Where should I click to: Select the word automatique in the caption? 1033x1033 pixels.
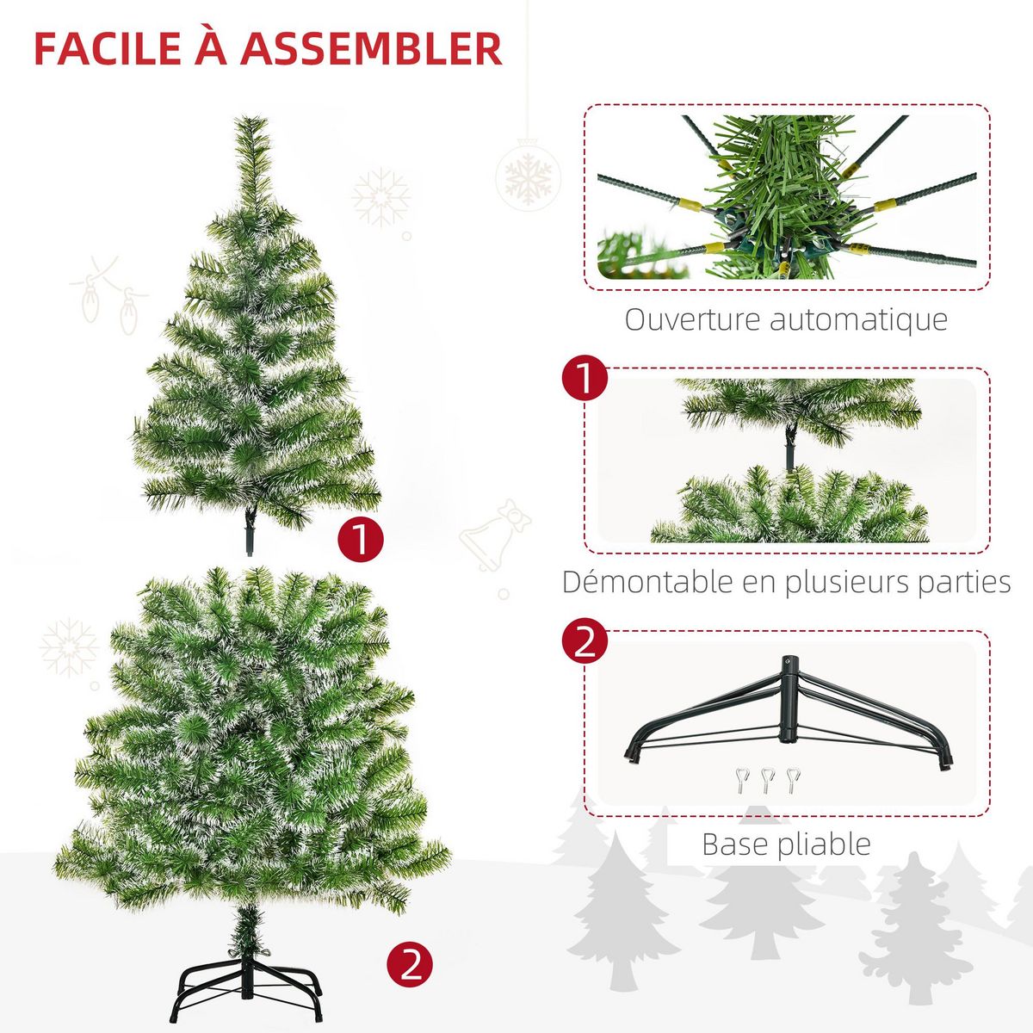click(x=858, y=319)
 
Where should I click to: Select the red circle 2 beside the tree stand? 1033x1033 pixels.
click(x=409, y=964)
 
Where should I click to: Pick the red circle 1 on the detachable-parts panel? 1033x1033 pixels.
click(x=585, y=380)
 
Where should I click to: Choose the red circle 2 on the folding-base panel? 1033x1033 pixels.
click(x=585, y=642)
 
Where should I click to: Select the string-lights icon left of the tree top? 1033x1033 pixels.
click(x=108, y=293)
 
